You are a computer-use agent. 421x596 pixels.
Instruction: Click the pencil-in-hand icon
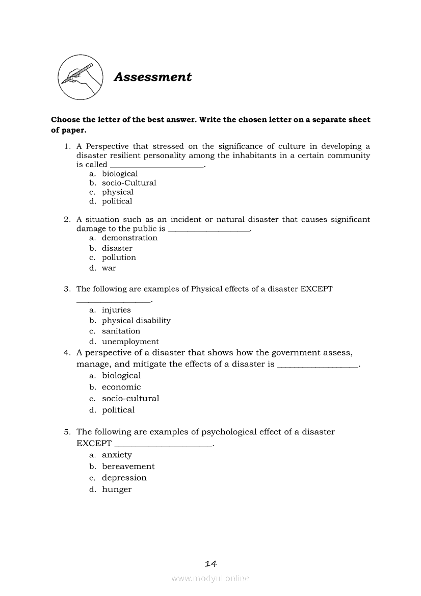click(x=78, y=77)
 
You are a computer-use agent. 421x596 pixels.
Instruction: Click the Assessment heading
click(x=152, y=77)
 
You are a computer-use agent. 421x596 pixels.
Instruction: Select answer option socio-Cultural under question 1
click(x=129, y=183)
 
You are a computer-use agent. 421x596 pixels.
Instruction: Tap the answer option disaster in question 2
click(x=117, y=248)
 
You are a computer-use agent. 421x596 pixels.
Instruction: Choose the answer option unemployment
click(x=130, y=342)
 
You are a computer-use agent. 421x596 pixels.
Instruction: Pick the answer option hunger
click(x=117, y=489)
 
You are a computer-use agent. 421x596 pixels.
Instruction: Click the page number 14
click(x=210, y=563)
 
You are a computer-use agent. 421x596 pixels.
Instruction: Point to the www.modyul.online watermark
click(x=210, y=579)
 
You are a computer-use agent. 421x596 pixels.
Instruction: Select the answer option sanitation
click(x=121, y=331)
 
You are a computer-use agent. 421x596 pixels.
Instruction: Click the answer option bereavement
click(x=128, y=467)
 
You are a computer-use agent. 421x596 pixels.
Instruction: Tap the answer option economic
click(x=121, y=387)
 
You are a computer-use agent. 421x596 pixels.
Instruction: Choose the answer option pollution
click(x=119, y=258)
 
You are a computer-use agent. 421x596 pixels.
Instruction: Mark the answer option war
click(x=109, y=268)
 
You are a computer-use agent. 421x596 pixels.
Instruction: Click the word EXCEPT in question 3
click(x=317, y=289)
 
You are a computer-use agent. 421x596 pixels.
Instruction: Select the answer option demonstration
click(x=129, y=238)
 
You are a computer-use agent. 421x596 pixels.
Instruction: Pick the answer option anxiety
click(x=117, y=455)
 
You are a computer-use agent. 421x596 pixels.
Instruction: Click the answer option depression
click(x=124, y=478)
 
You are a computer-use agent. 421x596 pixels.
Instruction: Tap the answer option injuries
click(x=116, y=310)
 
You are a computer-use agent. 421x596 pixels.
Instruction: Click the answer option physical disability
click(x=136, y=321)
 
